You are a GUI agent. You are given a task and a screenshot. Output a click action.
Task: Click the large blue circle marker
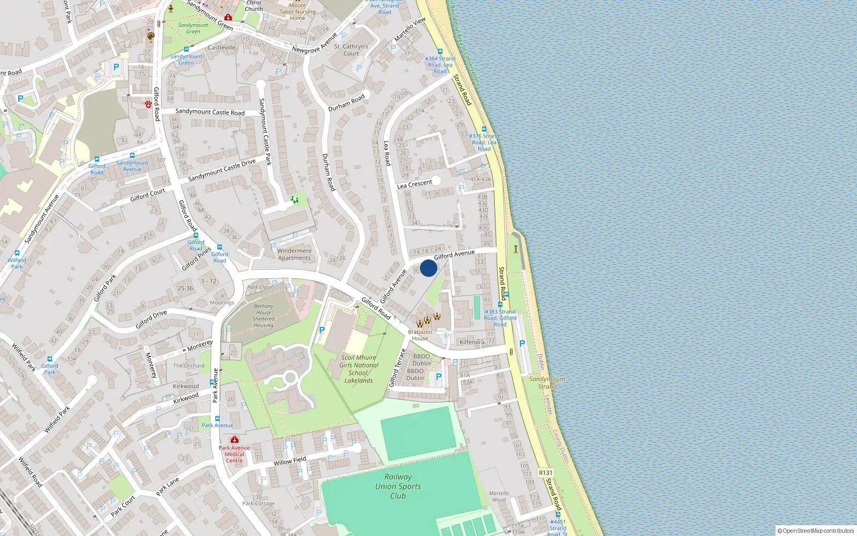[x=428, y=268]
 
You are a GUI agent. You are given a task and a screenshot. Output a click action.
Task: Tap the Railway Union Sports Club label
[x=398, y=486]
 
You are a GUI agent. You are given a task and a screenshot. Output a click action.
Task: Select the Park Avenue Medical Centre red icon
[x=234, y=440]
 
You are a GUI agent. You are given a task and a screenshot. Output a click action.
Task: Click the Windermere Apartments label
[x=294, y=254]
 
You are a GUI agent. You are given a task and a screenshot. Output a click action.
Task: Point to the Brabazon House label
[x=420, y=335]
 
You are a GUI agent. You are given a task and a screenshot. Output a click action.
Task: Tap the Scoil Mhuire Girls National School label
[x=359, y=369]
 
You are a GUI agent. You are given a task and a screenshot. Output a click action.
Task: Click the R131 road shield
[x=545, y=473]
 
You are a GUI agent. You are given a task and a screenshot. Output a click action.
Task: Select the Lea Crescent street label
[x=414, y=184]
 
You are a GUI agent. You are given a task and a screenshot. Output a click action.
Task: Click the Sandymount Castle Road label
[x=210, y=112]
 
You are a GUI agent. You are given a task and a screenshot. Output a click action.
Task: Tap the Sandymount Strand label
[x=547, y=382]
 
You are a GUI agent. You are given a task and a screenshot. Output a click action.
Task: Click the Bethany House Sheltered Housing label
[x=263, y=316]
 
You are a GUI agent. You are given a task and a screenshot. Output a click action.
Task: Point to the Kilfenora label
[x=472, y=342]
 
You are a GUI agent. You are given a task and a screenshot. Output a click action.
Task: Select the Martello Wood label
[x=499, y=496]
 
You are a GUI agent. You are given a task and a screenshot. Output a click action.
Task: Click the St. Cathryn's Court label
[x=351, y=50]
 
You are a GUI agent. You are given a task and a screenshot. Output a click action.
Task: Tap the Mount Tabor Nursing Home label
[x=297, y=11]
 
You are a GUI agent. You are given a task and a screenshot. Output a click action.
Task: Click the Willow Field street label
[x=290, y=461]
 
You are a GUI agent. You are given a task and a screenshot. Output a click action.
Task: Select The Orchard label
[x=189, y=366]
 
